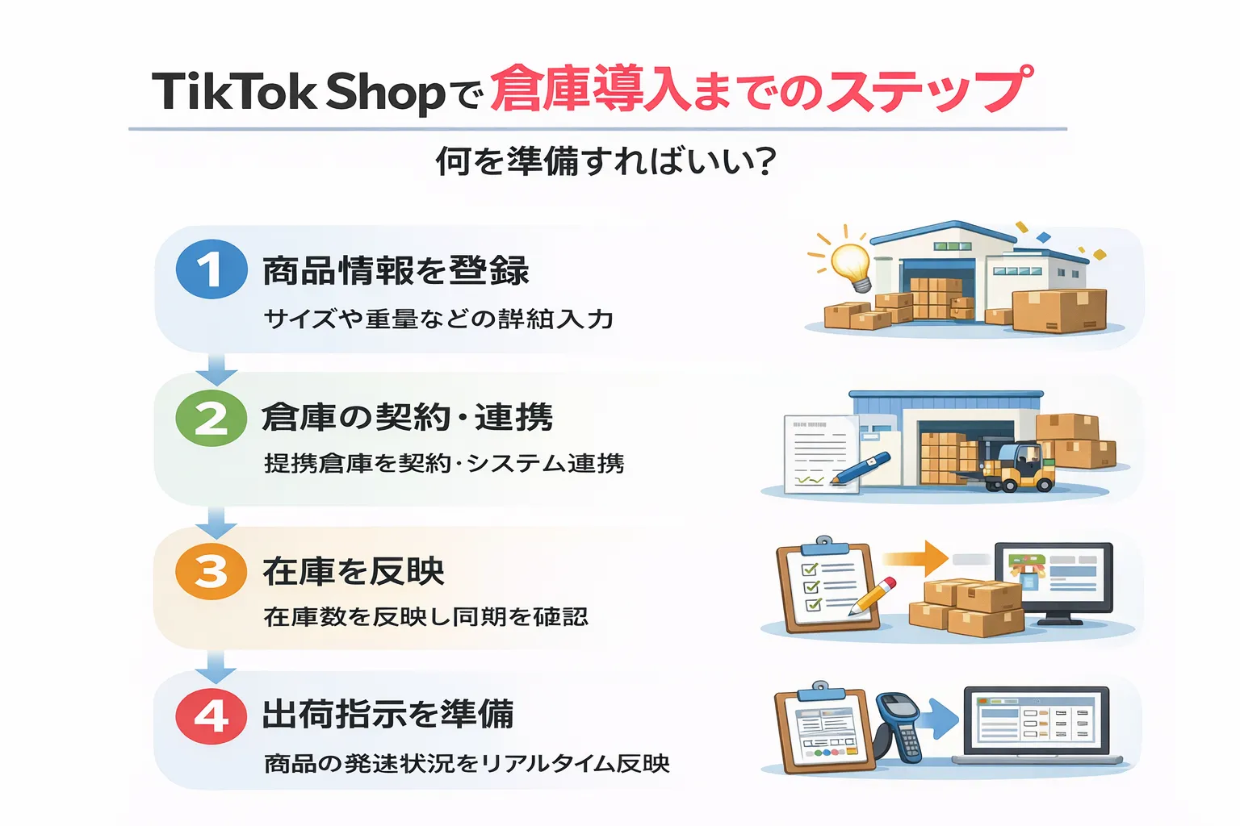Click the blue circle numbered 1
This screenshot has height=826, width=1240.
[x=212, y=269]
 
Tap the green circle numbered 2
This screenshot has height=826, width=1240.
[x=212, y=418]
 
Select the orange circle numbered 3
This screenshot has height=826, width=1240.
[x=212, y=571]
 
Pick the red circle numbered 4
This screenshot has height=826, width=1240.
[x=212, y=715]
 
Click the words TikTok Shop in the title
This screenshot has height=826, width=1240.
[x=299, y=91]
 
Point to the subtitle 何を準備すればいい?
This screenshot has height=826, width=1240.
[x=605, y=161]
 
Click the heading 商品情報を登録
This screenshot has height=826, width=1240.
[x=396, y=271]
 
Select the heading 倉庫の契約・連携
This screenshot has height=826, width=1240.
[x=407, y=418]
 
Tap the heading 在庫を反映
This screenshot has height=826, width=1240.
[x=354, y=571]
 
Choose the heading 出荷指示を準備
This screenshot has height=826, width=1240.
[x=387, y=715]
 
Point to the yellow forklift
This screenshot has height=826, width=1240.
[x=1017, y=468]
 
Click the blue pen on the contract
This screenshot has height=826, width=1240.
[x=860, y=469]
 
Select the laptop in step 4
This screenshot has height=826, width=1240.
[x=1037, y=726]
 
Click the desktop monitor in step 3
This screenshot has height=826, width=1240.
[x=1054, y=581]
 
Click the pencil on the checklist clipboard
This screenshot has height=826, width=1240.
[x=872, y=596]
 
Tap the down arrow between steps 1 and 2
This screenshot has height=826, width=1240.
[x=216, y=369]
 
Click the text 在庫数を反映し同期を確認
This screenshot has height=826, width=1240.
[x=425, y=617]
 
